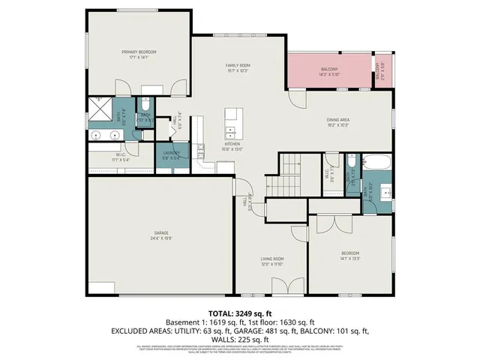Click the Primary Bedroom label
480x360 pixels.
click(x=139, y=52)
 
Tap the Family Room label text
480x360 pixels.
click(x=238, y=66)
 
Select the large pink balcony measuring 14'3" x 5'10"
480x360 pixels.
click(x=329, y=70)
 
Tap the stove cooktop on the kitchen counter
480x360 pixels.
click(x=201, y=150)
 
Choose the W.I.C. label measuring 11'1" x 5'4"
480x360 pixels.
click(x=100, y=157)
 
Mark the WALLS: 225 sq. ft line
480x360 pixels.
click(x=241, y=339)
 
